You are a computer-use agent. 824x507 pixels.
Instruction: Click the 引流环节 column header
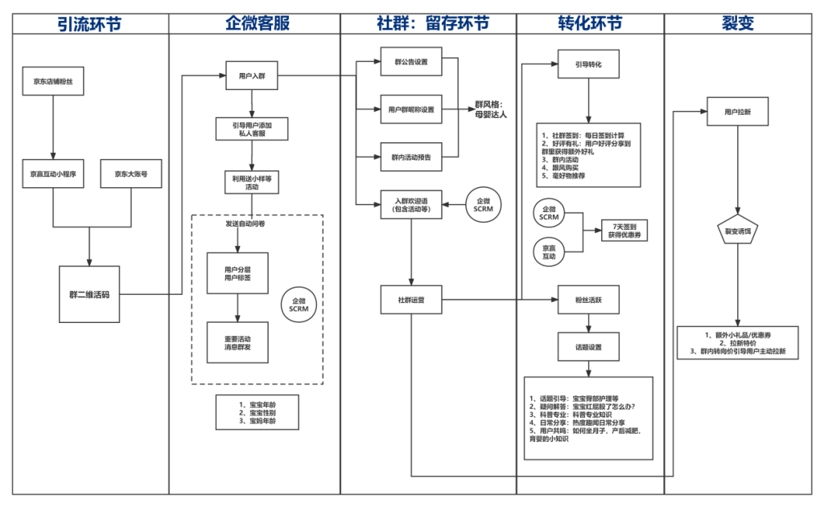coord(89,23)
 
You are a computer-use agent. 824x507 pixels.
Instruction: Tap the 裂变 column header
coord(738,23)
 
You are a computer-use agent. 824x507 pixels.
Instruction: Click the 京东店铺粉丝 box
coord(53,81)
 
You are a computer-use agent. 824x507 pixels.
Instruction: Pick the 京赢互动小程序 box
coord(53,173)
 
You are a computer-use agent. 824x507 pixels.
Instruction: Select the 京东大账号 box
coord(131,173)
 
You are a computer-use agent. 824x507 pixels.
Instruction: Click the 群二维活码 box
coord(89,294)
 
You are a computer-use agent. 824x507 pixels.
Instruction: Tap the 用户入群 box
coord(252,76)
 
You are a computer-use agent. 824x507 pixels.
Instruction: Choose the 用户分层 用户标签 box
coord(237,274)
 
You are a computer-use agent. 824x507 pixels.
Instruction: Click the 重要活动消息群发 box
coord(237,343)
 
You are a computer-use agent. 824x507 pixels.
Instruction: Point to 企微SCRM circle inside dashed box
coord(299,305)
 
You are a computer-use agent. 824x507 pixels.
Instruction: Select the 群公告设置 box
coord(410,61)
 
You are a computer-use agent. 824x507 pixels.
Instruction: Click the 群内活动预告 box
coord(410,157)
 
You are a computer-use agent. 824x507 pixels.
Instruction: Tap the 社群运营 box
coord(410,299)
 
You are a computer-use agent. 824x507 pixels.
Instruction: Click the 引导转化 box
coord(588,63)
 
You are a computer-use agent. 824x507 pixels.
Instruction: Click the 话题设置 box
coord(588,348)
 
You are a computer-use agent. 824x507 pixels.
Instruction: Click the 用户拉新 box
coord(737,112)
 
